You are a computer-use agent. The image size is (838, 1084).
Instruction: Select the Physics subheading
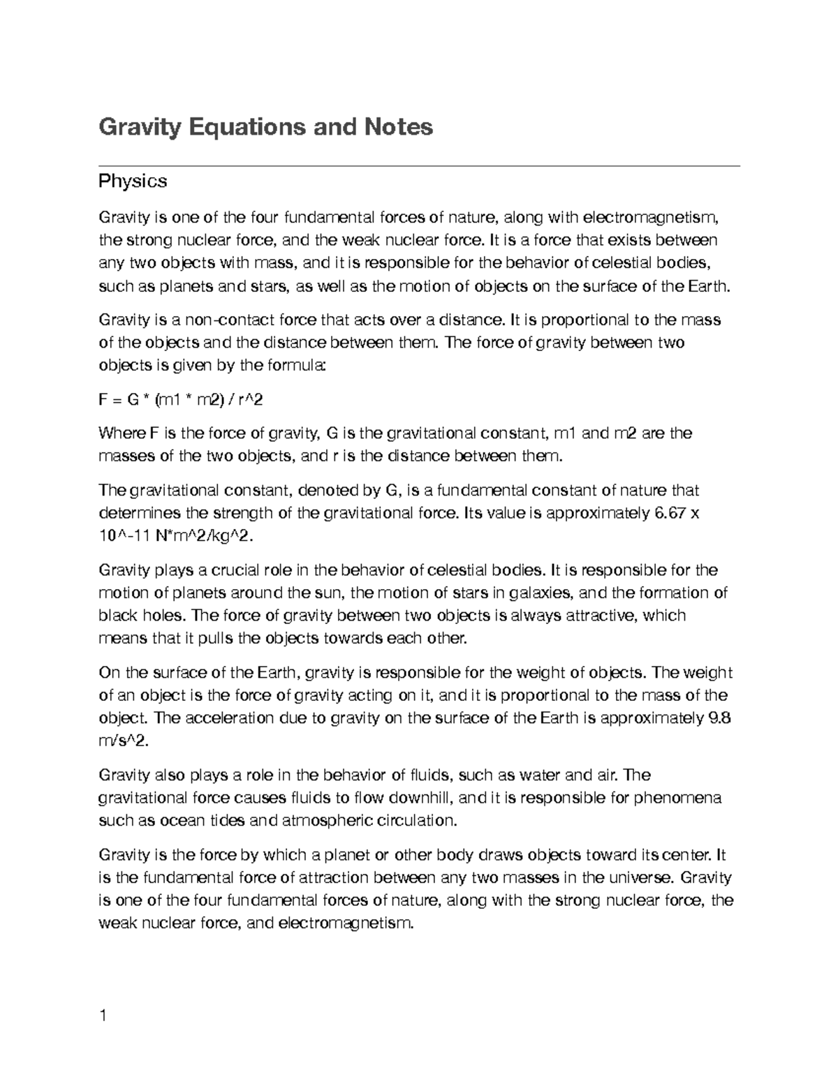pos(133,181)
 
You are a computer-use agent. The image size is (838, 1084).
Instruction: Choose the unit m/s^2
pos(124,742)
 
